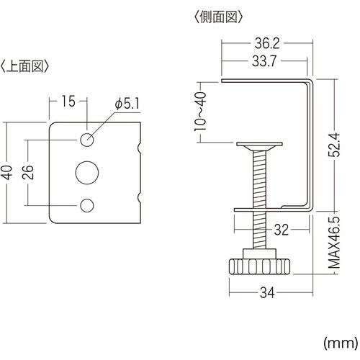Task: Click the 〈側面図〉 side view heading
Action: tap(217, 15)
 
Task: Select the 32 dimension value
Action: tap(282, 230)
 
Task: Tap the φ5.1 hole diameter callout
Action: tap(127, 104)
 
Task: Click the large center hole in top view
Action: tap(87, 172)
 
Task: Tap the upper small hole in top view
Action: tap(87, 139)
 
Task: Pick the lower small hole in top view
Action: tap(87, 206)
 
